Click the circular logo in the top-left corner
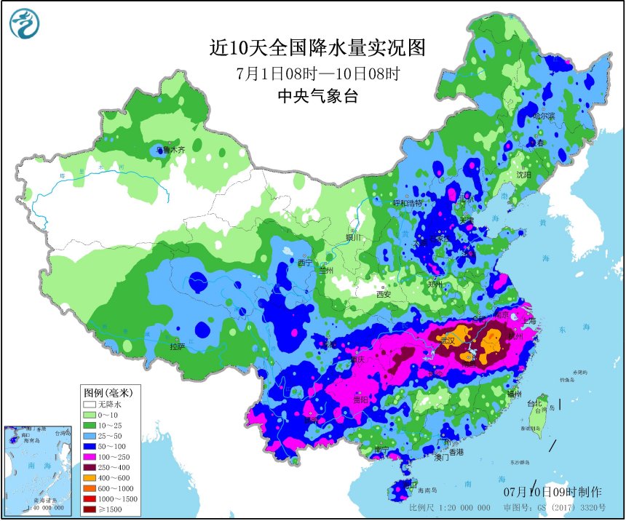pos(25,25)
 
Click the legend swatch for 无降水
pos(90,404)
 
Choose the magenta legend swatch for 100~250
pos(90,454)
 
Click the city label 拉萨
pos(178,346)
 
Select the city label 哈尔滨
pos(543,116)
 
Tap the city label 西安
pos(384,295)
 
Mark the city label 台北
pos(534,402)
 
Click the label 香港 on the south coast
pos(456,453)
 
